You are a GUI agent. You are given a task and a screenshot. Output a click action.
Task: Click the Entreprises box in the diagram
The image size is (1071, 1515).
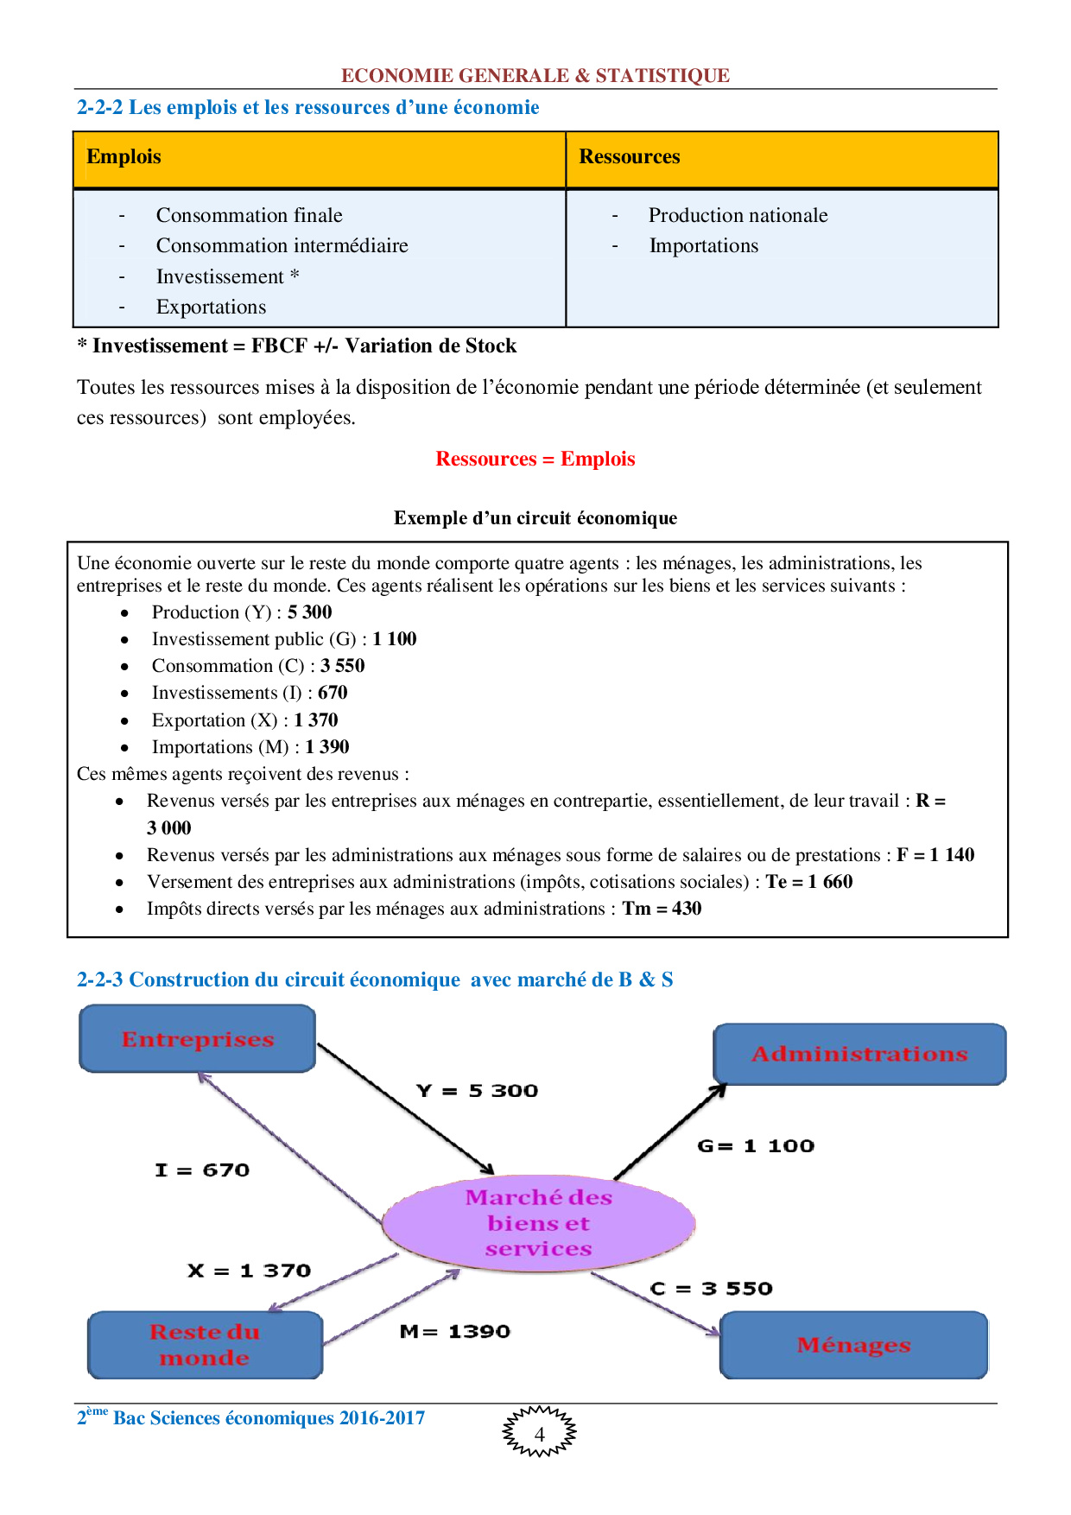click(198, 1039)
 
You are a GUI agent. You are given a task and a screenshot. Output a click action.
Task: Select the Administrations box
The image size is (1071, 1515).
click(859, 1054)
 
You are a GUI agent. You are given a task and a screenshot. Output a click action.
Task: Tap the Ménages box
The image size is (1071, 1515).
click(853, 1345)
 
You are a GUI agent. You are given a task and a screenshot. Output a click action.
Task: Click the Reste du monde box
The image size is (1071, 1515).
click(205, 1345)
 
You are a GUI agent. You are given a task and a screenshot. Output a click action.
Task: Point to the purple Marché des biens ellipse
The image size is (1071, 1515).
click(538, 1223)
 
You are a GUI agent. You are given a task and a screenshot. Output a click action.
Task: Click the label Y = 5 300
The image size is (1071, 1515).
click(477, 1091)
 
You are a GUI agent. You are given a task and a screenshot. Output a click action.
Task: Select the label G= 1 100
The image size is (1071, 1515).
click(756, 1146)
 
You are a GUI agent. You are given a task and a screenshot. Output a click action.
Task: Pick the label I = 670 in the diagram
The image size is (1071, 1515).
click(202, 1170)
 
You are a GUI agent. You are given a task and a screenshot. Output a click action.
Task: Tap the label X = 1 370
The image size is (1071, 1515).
click(249, 1271)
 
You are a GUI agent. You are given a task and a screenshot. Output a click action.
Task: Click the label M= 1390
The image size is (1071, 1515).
click(455, 1332)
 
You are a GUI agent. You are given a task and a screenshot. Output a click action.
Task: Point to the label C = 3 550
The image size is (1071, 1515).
click(711, 1289)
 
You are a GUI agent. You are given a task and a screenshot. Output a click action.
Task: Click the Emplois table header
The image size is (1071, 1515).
click(124, 157)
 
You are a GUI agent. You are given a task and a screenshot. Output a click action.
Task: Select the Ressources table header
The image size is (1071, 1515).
click(630, 157)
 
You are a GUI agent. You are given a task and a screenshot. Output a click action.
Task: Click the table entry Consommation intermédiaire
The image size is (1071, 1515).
click(282, 246)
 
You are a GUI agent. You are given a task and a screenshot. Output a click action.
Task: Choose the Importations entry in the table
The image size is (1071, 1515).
click(703, 246)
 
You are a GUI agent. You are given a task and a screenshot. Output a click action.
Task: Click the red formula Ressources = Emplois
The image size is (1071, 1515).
click(535, 460)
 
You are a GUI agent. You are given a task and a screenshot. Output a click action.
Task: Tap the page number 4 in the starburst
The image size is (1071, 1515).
click(540, 1435)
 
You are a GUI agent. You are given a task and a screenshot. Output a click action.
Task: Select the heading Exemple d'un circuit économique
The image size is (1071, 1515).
click(535, 518)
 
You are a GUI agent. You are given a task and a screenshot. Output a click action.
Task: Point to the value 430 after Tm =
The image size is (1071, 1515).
click(687, 909)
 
